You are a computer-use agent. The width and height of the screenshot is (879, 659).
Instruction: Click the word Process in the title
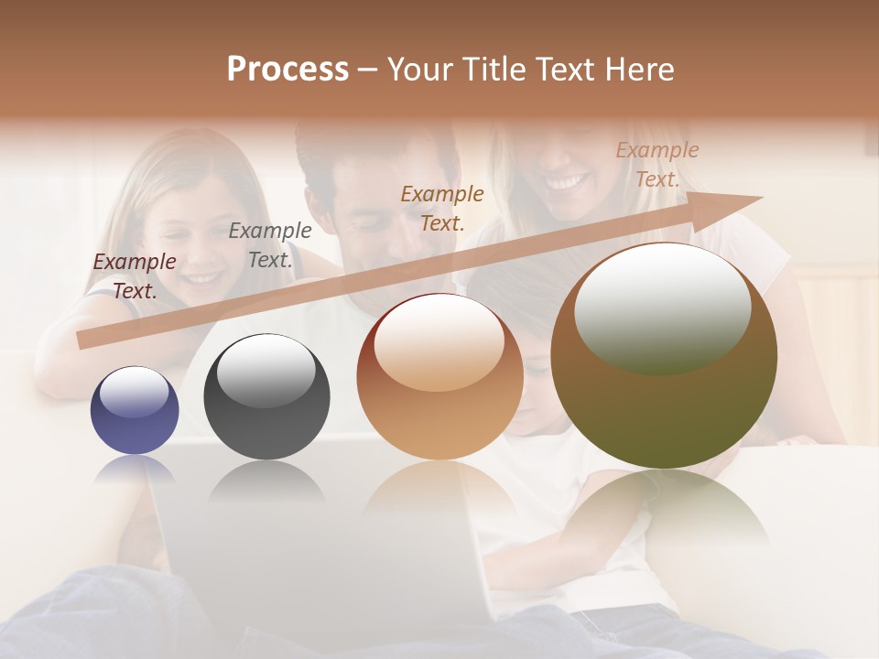[288, 70]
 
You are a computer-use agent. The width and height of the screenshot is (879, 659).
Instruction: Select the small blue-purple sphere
[135, 410]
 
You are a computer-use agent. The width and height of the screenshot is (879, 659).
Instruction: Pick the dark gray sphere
[266, 397]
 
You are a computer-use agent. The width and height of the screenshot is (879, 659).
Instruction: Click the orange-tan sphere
[439, 377]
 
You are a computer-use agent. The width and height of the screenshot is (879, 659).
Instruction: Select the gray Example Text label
[270, 245]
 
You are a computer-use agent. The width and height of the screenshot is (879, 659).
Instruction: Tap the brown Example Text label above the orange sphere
[442, 208]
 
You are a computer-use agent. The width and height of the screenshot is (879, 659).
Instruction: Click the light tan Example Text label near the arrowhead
[657, 165]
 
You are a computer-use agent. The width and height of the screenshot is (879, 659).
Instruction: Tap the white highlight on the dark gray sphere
[266, 370]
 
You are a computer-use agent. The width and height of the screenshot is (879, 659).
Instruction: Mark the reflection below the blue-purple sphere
[135, 469]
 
